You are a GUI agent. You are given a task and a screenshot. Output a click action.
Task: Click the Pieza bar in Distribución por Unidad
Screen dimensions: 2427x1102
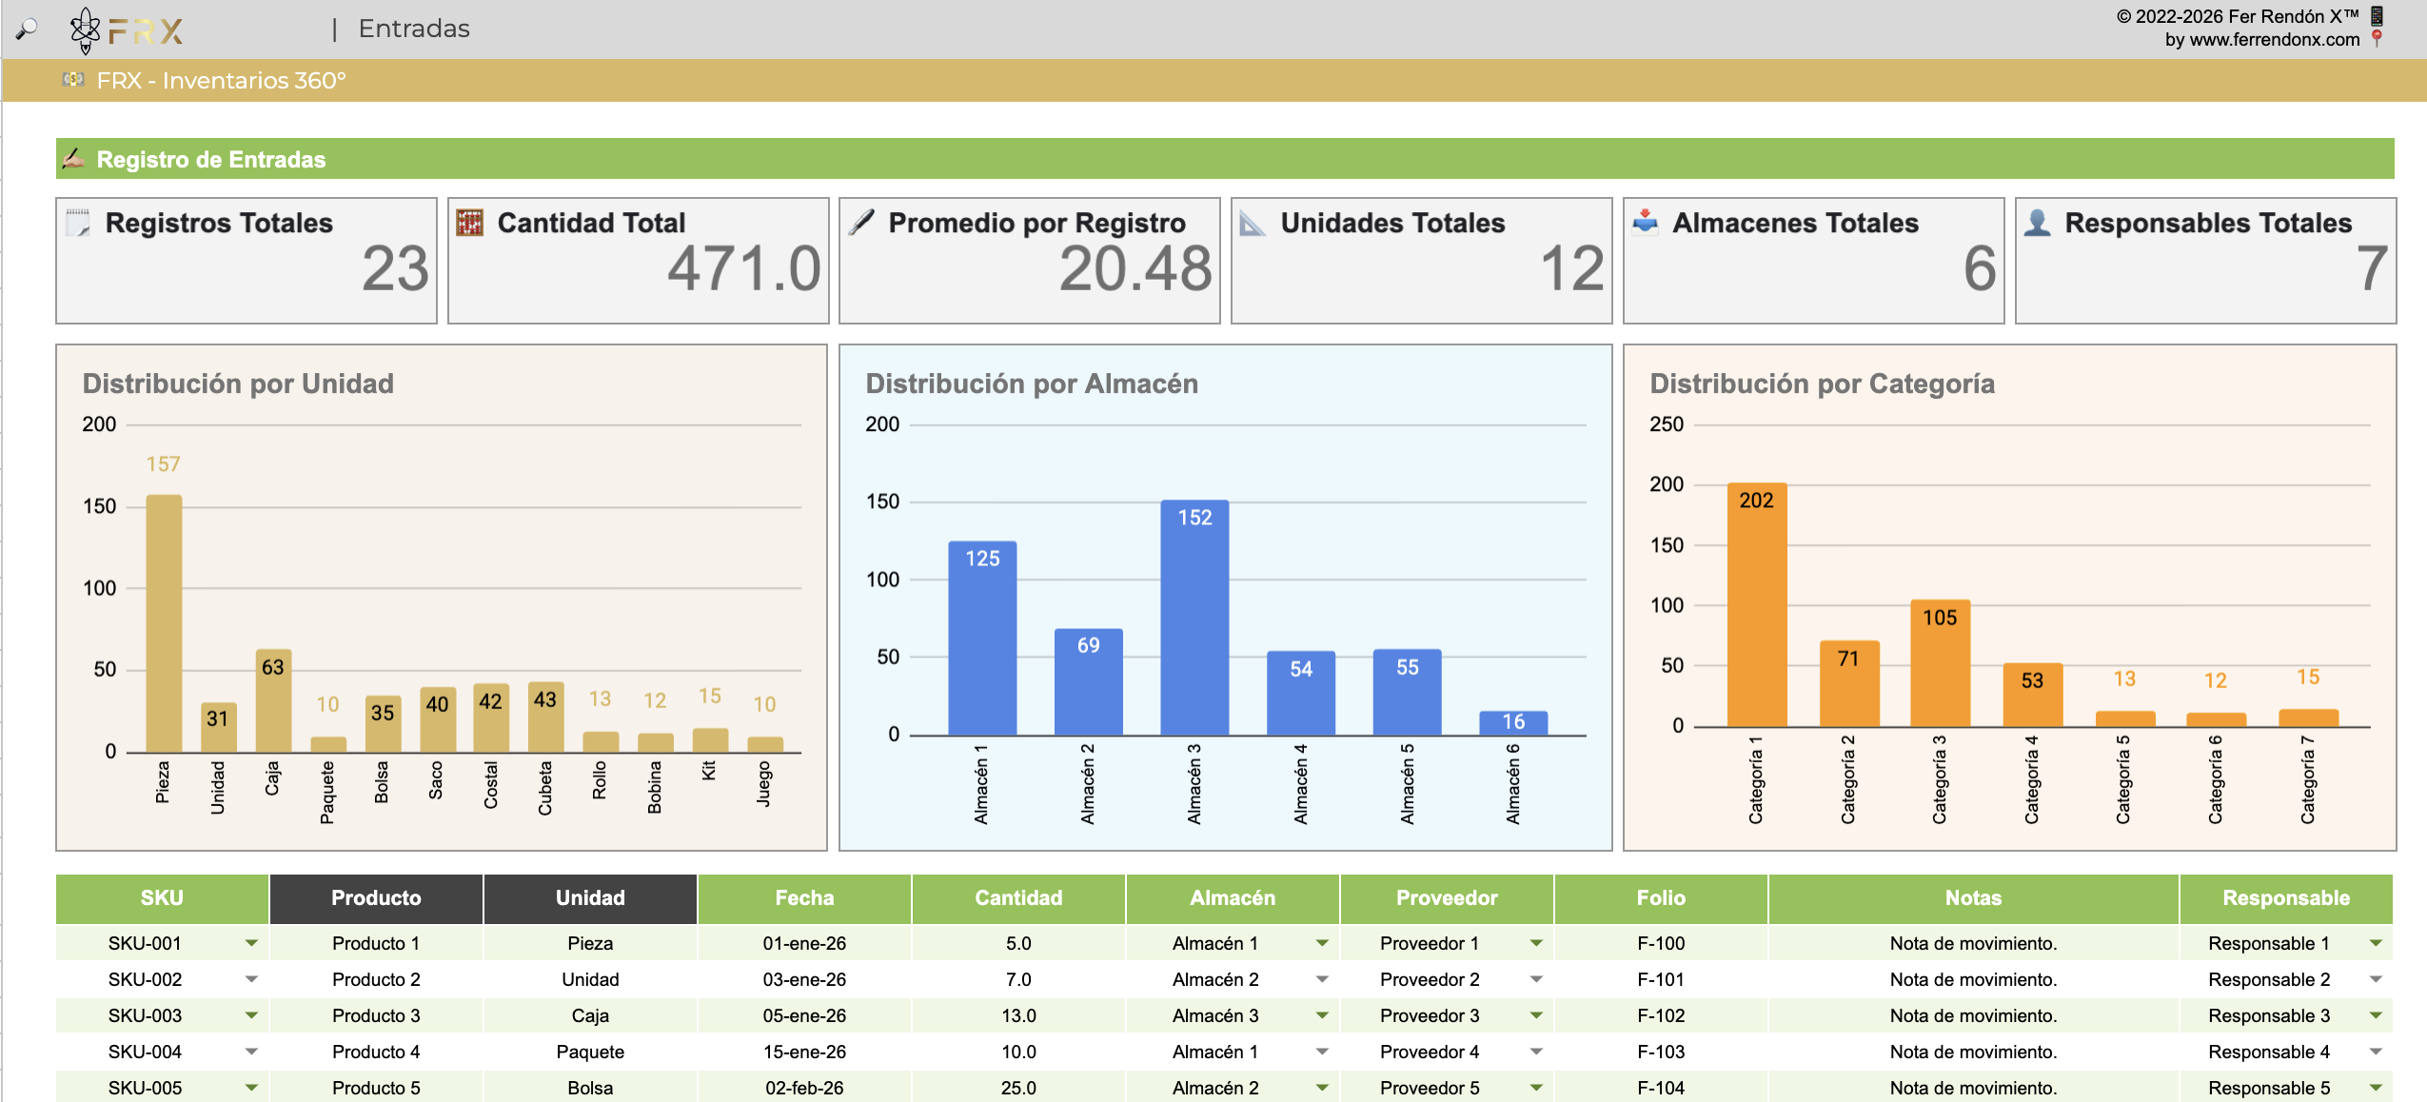click(164, 623)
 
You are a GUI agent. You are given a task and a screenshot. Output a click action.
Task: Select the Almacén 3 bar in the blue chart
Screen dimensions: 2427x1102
click(1194, 618)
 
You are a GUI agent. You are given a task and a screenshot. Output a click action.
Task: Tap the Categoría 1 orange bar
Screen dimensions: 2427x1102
click(1757, 605)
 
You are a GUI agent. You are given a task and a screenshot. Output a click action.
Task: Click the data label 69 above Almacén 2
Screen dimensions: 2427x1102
click(1088, 645)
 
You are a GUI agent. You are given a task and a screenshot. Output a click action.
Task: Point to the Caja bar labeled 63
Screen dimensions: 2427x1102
click(273, 701)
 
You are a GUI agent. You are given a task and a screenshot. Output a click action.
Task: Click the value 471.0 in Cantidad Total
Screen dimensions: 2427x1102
click(743, 268)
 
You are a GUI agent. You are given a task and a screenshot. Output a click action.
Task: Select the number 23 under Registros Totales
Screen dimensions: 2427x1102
click(395, 268)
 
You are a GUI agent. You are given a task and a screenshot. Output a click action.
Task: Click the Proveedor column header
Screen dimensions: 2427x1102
click(1447, 898)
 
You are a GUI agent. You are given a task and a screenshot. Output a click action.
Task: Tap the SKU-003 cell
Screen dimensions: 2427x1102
click(145, 1015)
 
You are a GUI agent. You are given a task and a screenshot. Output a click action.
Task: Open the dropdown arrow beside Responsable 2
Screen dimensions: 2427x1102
click(2376, 979)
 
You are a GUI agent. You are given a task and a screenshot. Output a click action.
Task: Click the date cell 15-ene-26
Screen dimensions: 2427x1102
click(804, 1052)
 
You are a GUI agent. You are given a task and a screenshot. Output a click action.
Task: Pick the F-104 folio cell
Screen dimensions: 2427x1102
click(1661, 1088)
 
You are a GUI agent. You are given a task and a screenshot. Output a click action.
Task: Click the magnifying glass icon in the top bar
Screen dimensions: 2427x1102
click(27, 30)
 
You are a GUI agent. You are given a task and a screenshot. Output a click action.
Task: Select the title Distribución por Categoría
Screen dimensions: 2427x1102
click(1822, 384)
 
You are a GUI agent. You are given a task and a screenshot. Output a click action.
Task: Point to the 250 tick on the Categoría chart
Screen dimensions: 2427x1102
click(1667, 424)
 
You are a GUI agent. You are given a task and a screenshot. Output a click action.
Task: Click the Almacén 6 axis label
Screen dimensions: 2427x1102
click(1512, 783)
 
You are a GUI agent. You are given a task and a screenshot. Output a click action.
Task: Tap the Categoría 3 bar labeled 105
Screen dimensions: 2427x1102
click(1940, 663)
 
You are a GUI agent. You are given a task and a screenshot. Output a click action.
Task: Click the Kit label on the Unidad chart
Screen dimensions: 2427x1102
click(708, 770)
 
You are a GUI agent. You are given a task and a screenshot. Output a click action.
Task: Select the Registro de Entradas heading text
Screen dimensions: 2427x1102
click(211, 160)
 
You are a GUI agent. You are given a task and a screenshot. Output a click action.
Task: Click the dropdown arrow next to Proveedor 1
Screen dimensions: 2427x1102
click(1536, 943)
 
